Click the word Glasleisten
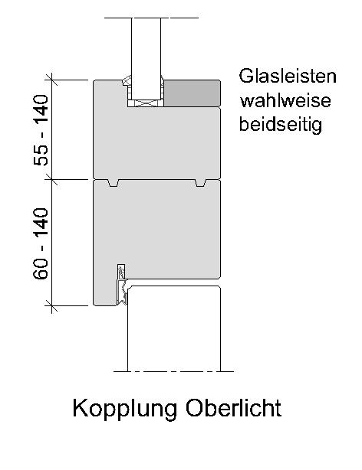pos(288,76)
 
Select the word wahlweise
pos(285,100)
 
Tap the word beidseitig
pos(281,125)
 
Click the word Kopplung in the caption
pos(125,409)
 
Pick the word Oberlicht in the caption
pos(233,408)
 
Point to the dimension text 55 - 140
pos(41,130)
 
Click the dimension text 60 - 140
pos(41,243)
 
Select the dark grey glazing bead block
pos(192,93)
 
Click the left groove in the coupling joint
pos(114,183)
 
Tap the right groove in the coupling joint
pos(201,183)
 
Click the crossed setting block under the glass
pos(146,103)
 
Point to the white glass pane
pos(146,58)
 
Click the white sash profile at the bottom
pos(174,328)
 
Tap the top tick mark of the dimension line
pos(51,80)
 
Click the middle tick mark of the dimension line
pos(51,180)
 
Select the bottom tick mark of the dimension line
pos(51,305)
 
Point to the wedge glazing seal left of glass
pos(127,80)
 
